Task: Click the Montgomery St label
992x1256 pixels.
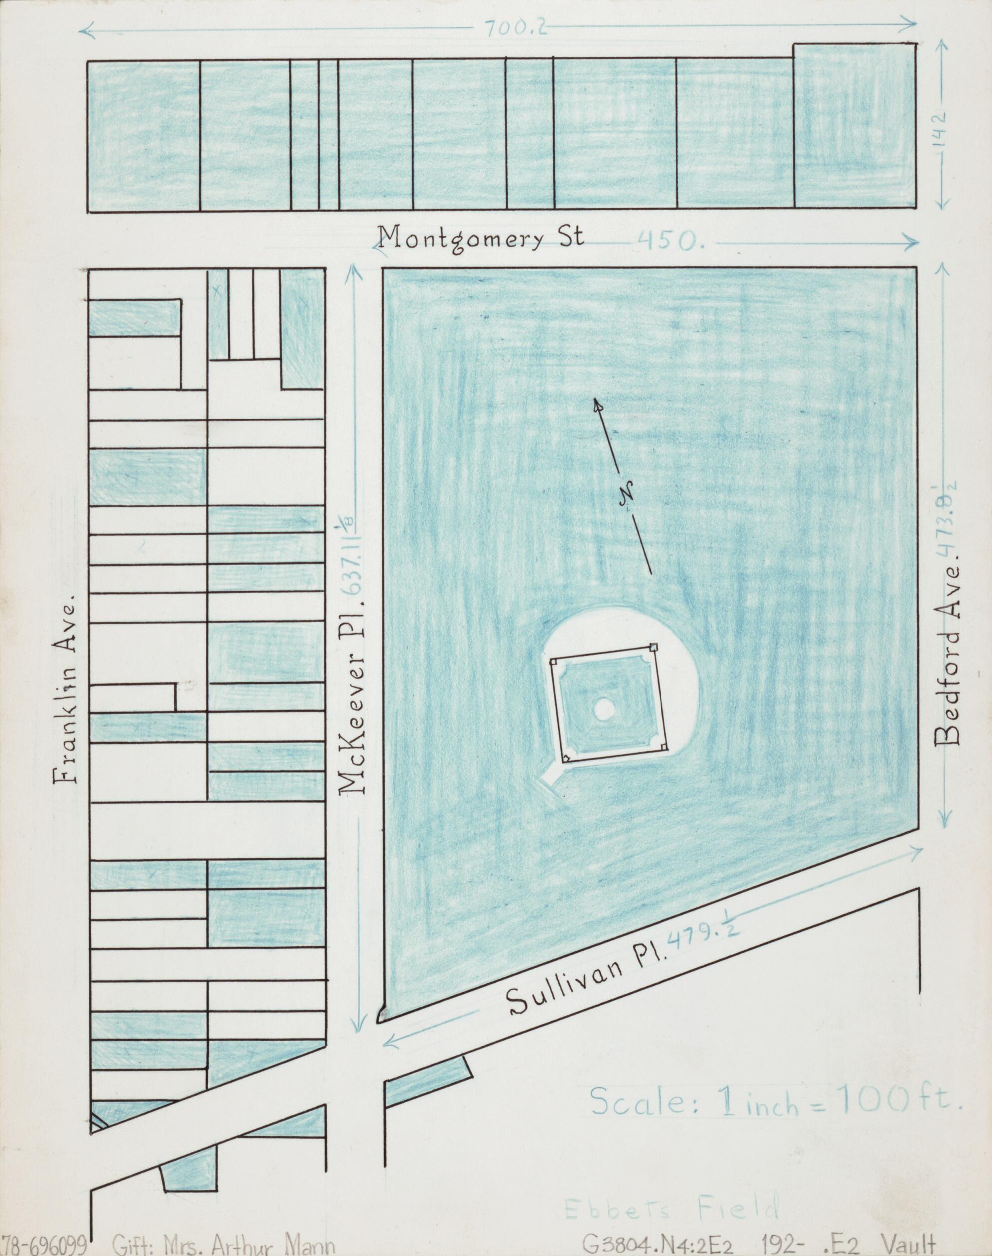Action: pos(480,239)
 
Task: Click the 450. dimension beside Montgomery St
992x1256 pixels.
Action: pos(670,241)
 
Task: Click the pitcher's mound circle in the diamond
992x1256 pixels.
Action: pos(604,708)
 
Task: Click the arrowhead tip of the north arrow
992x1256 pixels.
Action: pos(595,400)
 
